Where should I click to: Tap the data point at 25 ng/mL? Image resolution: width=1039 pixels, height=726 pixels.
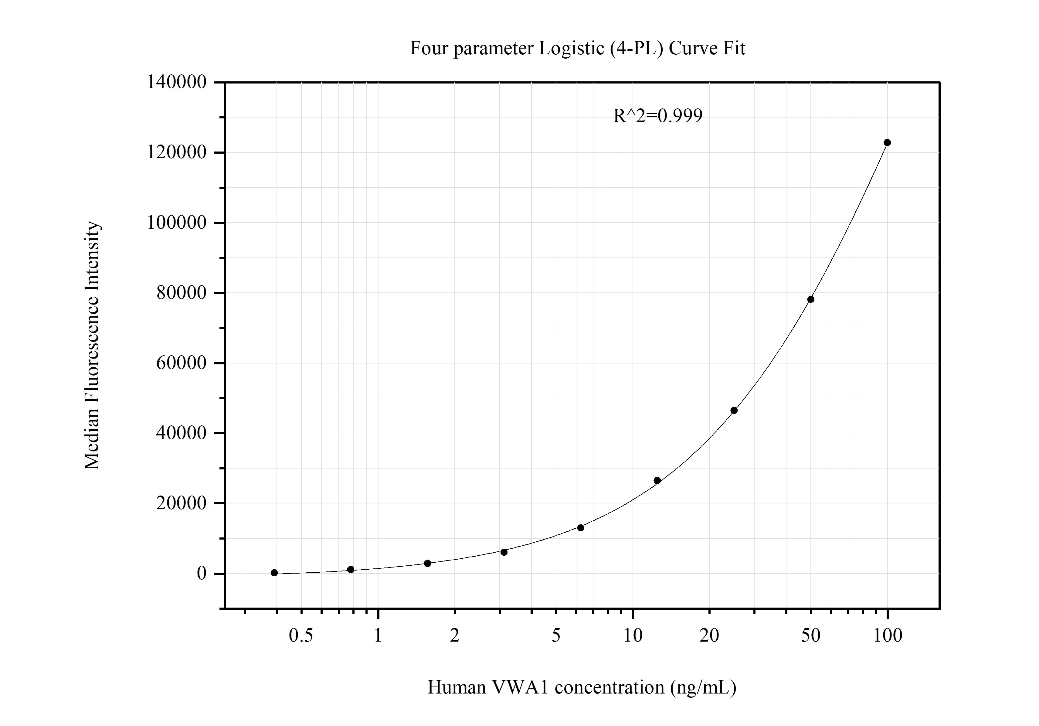click(x=734, y=411)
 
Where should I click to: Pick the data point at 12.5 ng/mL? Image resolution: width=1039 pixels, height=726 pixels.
click(x=657, y=481)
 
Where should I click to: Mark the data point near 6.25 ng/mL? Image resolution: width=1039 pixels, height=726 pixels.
click(x=581, y=528)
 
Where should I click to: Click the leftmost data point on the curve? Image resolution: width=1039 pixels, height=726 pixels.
click(x=274, y=573)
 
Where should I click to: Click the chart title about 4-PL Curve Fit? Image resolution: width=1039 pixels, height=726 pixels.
click(x=577, y=48)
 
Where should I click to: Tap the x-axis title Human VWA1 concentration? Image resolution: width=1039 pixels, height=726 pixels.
click(x=582, y=687)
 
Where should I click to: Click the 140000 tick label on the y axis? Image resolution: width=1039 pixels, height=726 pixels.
click(x=176, y=82)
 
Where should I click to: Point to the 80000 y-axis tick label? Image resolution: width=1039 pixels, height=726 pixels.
click(x=181, y=293)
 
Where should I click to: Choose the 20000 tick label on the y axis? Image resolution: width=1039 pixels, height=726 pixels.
click(x=181, y=503)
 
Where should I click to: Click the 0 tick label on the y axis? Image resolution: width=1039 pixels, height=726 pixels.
click(x=201, y=574)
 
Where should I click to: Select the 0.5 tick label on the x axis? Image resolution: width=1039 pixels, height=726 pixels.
click(x=301, y=636)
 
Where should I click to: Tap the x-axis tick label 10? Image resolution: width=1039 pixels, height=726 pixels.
click(x=633, y=636)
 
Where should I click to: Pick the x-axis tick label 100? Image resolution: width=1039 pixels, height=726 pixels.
click(x=888, y=636)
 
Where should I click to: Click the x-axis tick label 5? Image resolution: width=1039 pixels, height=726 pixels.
click(x=556, y=636)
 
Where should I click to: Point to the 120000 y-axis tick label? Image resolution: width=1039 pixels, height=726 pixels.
click(x=176, y=152)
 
